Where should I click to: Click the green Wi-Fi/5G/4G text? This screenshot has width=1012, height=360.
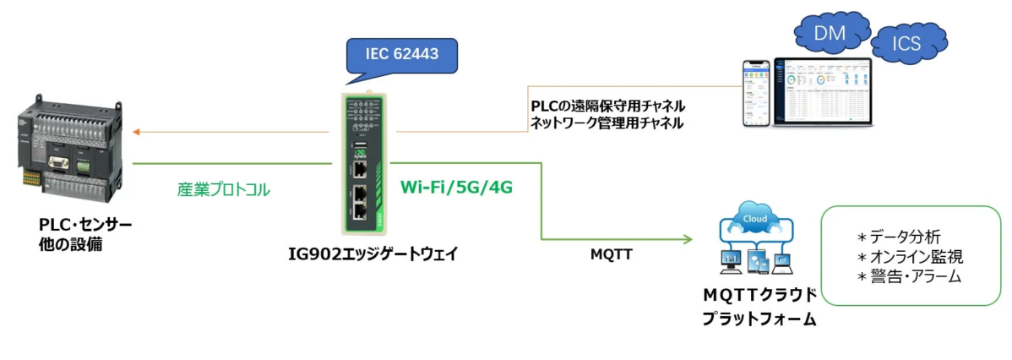456,188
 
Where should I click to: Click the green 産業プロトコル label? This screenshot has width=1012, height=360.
224,190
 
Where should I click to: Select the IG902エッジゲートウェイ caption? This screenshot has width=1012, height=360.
373,254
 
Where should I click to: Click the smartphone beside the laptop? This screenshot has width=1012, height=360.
757,93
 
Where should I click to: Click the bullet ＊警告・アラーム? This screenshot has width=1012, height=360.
910,277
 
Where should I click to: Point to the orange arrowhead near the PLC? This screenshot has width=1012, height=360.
138,132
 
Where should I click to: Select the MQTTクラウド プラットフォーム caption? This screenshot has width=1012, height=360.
760,307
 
